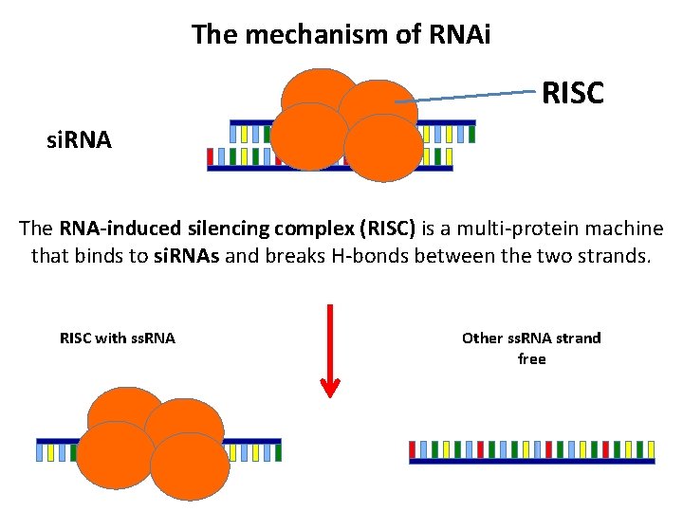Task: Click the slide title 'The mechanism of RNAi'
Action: tap(341, 35)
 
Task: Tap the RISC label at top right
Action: tap(572, 92)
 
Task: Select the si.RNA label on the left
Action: tap(80, 141)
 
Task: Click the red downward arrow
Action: tap(330, 350)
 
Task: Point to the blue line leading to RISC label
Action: tap(465, 96)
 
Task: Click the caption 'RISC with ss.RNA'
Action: tap(118, 338)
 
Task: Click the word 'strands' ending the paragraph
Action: tap(618, 255)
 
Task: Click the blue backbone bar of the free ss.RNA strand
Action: tap(531, 461)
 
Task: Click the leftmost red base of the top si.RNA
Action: tap(211, 156)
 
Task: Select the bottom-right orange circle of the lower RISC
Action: tap(190, 467)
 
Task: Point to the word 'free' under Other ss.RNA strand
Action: tap(531, 359)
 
